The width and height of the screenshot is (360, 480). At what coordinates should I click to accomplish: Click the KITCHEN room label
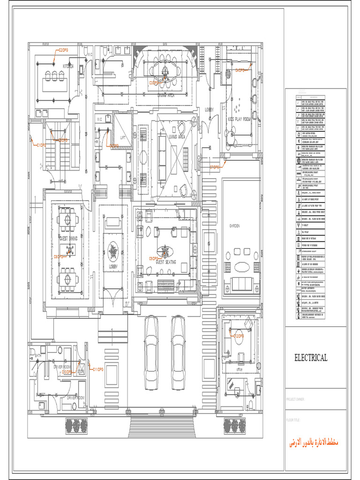68,67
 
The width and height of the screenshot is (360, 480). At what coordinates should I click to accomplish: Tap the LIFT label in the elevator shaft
123,138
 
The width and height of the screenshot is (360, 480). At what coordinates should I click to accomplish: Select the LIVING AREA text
177,136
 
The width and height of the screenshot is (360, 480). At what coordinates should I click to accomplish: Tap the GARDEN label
235,226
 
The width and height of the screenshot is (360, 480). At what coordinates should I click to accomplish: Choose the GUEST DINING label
68,238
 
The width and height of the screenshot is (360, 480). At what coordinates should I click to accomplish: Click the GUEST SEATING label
166,262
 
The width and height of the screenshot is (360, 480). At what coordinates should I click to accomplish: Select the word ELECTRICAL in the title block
311,358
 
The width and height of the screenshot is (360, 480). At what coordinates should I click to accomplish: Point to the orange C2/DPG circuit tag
63,50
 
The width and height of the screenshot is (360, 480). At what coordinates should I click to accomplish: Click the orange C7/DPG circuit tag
215,167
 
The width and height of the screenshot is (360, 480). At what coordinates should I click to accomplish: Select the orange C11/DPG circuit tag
97,370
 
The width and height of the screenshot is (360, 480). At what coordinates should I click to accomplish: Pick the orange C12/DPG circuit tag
238,336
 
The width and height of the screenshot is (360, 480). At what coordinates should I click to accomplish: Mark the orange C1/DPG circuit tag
41,145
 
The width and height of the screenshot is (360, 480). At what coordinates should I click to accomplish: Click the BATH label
38,356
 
